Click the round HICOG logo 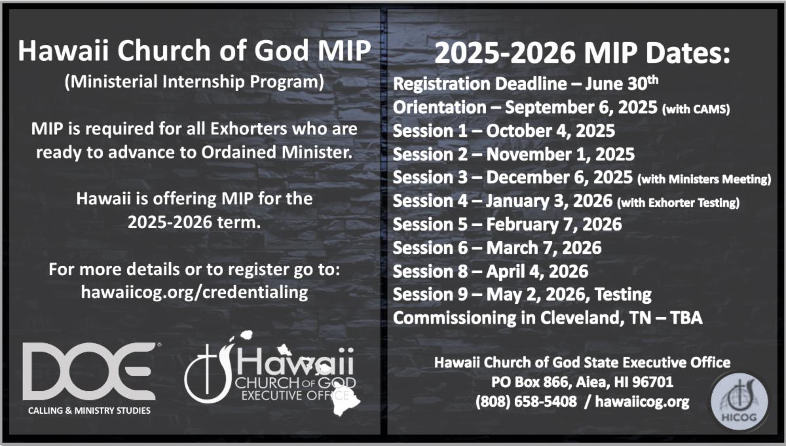pyautogui.click(x=739, y=401)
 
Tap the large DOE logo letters pyautogui.click(x=89, y=371)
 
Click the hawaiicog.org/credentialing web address pyautogui.click(x=195, y=292)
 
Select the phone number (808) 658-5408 pyautogui.click(x=526, y=401)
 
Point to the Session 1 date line pyautogui.click(x=504, y=130)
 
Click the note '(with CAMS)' pyautogui.click(x=696, y=109)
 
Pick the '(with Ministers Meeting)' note pyautogui.click(x=704, y=179)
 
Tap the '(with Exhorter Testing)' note pyautogui.click(x=678, y=203)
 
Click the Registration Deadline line pyautogui.click(x=525, y=84)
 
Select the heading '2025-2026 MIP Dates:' pyautogui.click(x=582, y=52)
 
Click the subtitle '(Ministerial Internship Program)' pyautogui.click(x=195, y=81)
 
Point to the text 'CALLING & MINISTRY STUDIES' pyautogui.click(x=89, y=411)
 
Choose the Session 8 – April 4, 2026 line pyautogui.click(x=490, y=271)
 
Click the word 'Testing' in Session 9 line pyautogui.click(x=623, y=294)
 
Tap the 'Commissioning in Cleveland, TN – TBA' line pyautogui.click(x=548, y=318)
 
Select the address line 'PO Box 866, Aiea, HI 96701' pyautogui.click(x=582, y=382)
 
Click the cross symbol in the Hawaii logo pyautogui.click(x=207, y=369)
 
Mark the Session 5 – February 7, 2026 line pyautogui.click(x=507, y=224)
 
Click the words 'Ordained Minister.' pyautogui.click(x=277, y=153)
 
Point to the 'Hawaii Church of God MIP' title pyautogui.click(x=195, y=50)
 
